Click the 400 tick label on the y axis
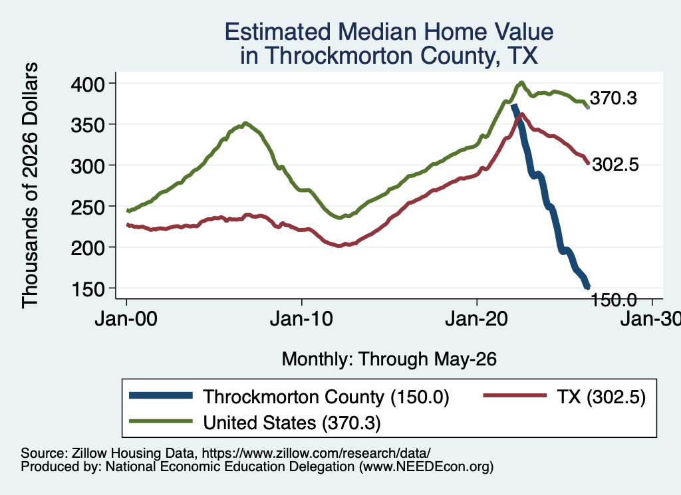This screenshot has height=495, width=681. [x=88, y=84]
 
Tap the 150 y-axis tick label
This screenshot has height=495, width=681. [x=88, y=289]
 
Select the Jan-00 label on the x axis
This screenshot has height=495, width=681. [x=126, y=319]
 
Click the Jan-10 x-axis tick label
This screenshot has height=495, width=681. [x=301, y=319]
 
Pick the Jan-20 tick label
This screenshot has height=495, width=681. [x=476, y=319]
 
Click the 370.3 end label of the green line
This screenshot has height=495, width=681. [x=613, y=98]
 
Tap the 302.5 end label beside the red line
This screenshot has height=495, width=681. [x=615, y=165]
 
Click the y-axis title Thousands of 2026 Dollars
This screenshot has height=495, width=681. [x=30, y=185]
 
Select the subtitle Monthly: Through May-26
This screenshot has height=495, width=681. [x=389, y=359]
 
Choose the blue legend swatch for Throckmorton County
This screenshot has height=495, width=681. [x=161, y=395]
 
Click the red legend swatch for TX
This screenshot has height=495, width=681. [x=515, y=395]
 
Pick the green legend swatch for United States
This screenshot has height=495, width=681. [x=161, y=421]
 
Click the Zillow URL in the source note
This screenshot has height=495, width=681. [x=316, y=453]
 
